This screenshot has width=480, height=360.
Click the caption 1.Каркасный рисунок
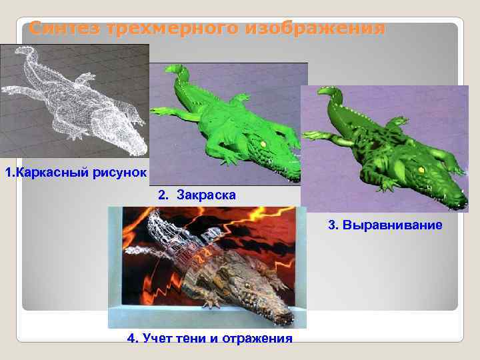pos(75,174)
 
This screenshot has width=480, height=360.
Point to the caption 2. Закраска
pos(196,195)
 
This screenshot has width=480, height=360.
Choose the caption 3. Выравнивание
pos(385,225)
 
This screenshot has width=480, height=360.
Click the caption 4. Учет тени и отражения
pos(209,339)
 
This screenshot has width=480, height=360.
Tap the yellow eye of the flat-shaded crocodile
pos(263,143)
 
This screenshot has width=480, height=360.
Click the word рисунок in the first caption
pos(119,174)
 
